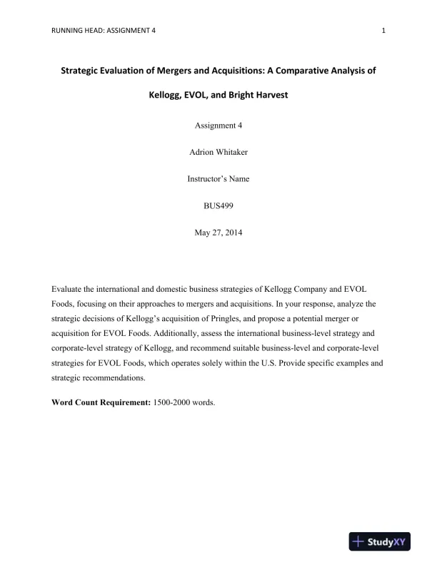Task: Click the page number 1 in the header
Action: (384, 31)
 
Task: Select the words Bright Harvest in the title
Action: (258, 94)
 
